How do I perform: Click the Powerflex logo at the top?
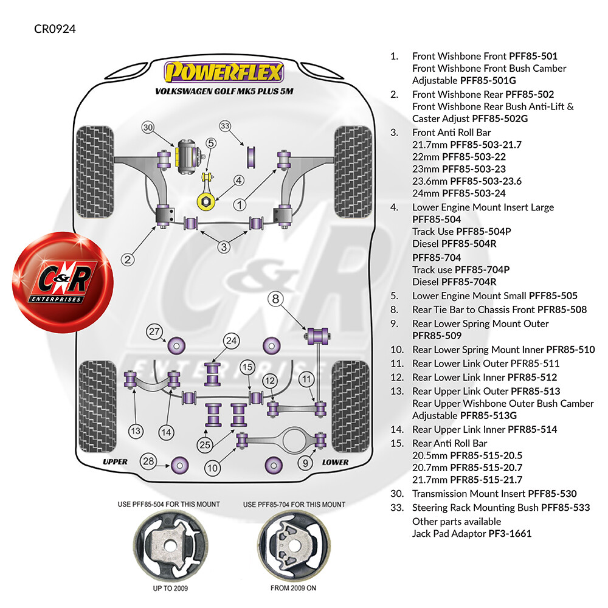point(224,72)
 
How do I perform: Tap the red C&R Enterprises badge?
point(63,282)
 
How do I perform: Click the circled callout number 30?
point(148,127)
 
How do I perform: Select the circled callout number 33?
point(225,126)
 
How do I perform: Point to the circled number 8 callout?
point(275,299)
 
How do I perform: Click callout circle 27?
point(154,331)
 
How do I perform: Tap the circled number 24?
point(231,341)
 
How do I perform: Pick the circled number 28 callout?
point(148,461)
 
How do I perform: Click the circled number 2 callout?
point(128,260)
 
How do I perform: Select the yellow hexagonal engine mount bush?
point(206,202)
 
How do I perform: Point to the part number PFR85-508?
point(562,309)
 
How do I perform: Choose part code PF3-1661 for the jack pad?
point(510,534)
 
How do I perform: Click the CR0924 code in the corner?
point(55,29)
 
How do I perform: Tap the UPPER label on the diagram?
point(115,462)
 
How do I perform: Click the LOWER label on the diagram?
point(336,462)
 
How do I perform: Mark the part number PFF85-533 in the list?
point(565,508)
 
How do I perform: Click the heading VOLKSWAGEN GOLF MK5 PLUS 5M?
point(224,92)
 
